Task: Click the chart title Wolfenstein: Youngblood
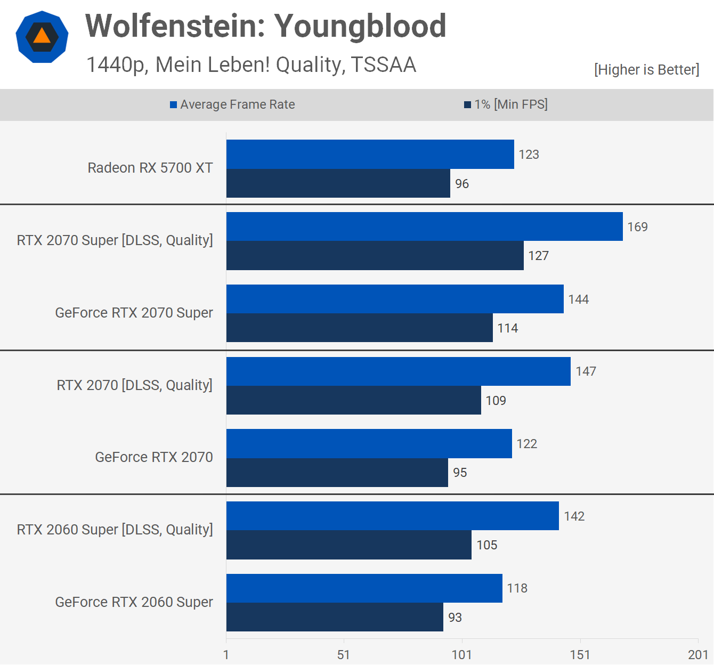point(265,26)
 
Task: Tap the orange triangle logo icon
point(42,37)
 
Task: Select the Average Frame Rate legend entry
point(232,104)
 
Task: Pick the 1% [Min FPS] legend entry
point(506,104)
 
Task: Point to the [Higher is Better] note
point(646,70)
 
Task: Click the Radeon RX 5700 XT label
point(150,168)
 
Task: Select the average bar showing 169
point(424,226)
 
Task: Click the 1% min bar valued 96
point(338,183)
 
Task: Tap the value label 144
point(578,299)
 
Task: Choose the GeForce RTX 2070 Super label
point(134,313)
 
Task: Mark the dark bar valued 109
point(353,400)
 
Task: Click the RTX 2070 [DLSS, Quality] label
point(134,385)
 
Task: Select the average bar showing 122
point(369,443)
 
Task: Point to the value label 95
point(460,473)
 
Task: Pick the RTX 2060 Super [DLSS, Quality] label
point(115,530)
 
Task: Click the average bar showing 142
point(392,516)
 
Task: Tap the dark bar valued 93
point(335,617)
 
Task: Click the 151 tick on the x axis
point(580,655)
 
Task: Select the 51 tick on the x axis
point(344,655)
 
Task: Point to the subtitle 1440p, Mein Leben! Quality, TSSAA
point(251,65)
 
